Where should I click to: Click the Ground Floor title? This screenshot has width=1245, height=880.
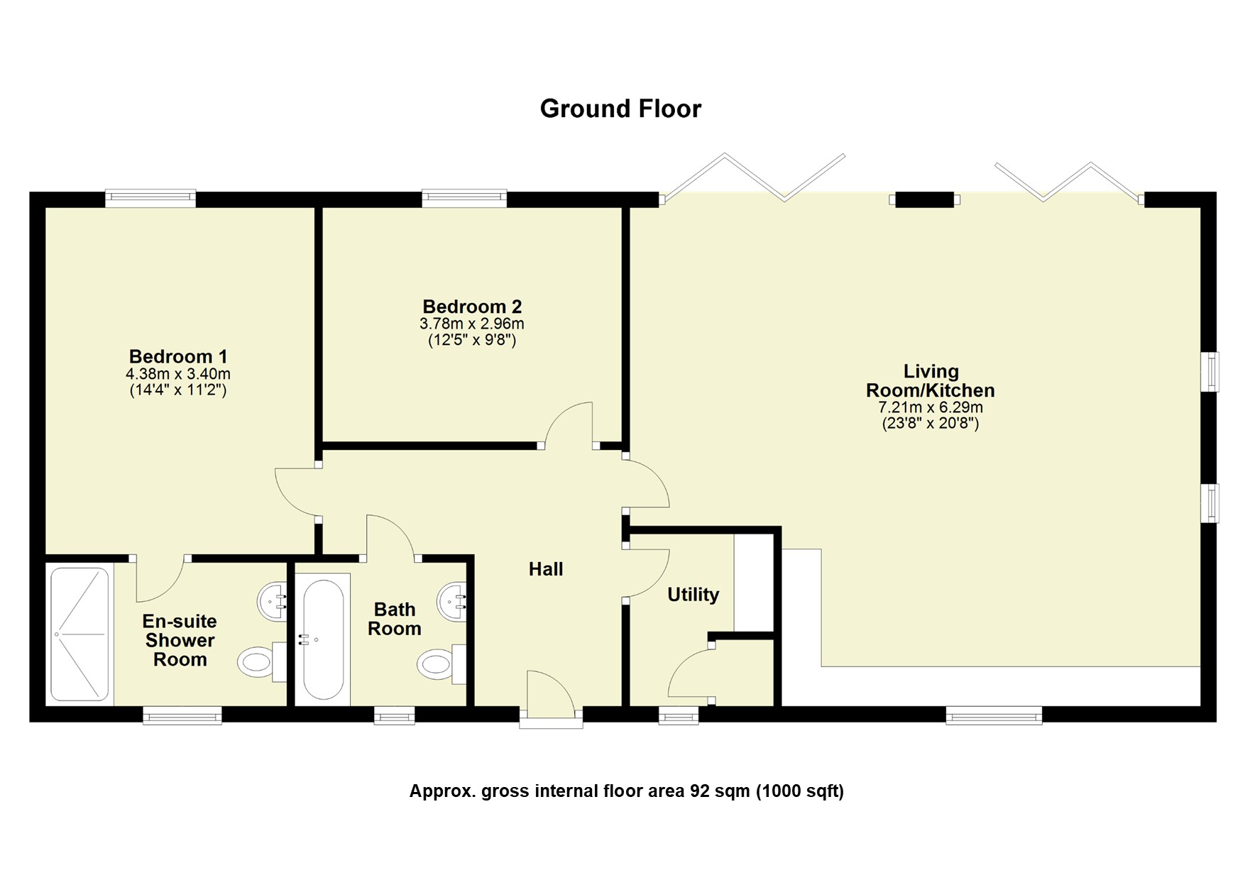point(620,109)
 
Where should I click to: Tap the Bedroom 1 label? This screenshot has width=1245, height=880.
point(177,356)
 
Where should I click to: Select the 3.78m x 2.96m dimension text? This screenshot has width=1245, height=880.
point(471,324)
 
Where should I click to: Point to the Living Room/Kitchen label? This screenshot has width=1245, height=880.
point(930,381)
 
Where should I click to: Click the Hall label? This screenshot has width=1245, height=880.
point(546,568)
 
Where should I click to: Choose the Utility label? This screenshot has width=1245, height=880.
point(693,594)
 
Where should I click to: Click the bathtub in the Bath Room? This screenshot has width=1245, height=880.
point(323,639)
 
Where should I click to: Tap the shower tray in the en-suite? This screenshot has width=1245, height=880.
point(79,633)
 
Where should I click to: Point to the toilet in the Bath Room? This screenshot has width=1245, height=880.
point(437,664)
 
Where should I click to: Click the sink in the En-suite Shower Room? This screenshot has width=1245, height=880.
point(271,602)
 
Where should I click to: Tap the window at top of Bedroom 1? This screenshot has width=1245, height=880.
point(150,199)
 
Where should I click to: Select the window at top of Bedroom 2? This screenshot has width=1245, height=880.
point(464,199)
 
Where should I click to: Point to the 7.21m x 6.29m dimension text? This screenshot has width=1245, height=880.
point(930,408)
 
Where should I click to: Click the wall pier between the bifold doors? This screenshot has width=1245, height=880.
point(923,200)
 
